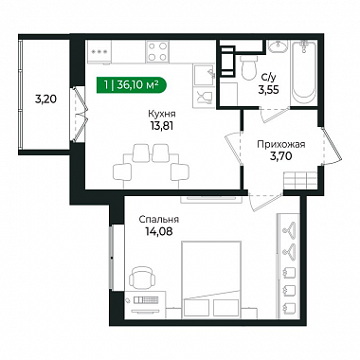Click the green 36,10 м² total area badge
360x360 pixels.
(131, 85)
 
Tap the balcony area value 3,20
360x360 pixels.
(45, 99)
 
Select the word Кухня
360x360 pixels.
(162, 114)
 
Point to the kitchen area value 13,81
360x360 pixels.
(162, 126)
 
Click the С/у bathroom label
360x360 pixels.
(268, 78)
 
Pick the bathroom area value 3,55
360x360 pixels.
(268, 90)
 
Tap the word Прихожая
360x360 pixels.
(281, 144)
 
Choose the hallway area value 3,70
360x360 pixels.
(280, 155)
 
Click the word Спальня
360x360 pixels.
(159, 219)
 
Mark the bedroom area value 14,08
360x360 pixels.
(159, 231)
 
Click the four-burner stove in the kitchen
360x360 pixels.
(157, 51)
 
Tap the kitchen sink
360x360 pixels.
(204, 75)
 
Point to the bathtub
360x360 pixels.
(304, 72)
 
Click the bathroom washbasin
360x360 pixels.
(279, 46)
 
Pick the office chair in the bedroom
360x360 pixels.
(142, 278)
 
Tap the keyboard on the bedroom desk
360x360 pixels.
(146, 299)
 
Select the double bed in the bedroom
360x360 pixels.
(211, 279)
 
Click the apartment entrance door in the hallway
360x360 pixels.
(333, 146)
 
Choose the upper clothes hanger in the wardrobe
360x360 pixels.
(289, 226)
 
